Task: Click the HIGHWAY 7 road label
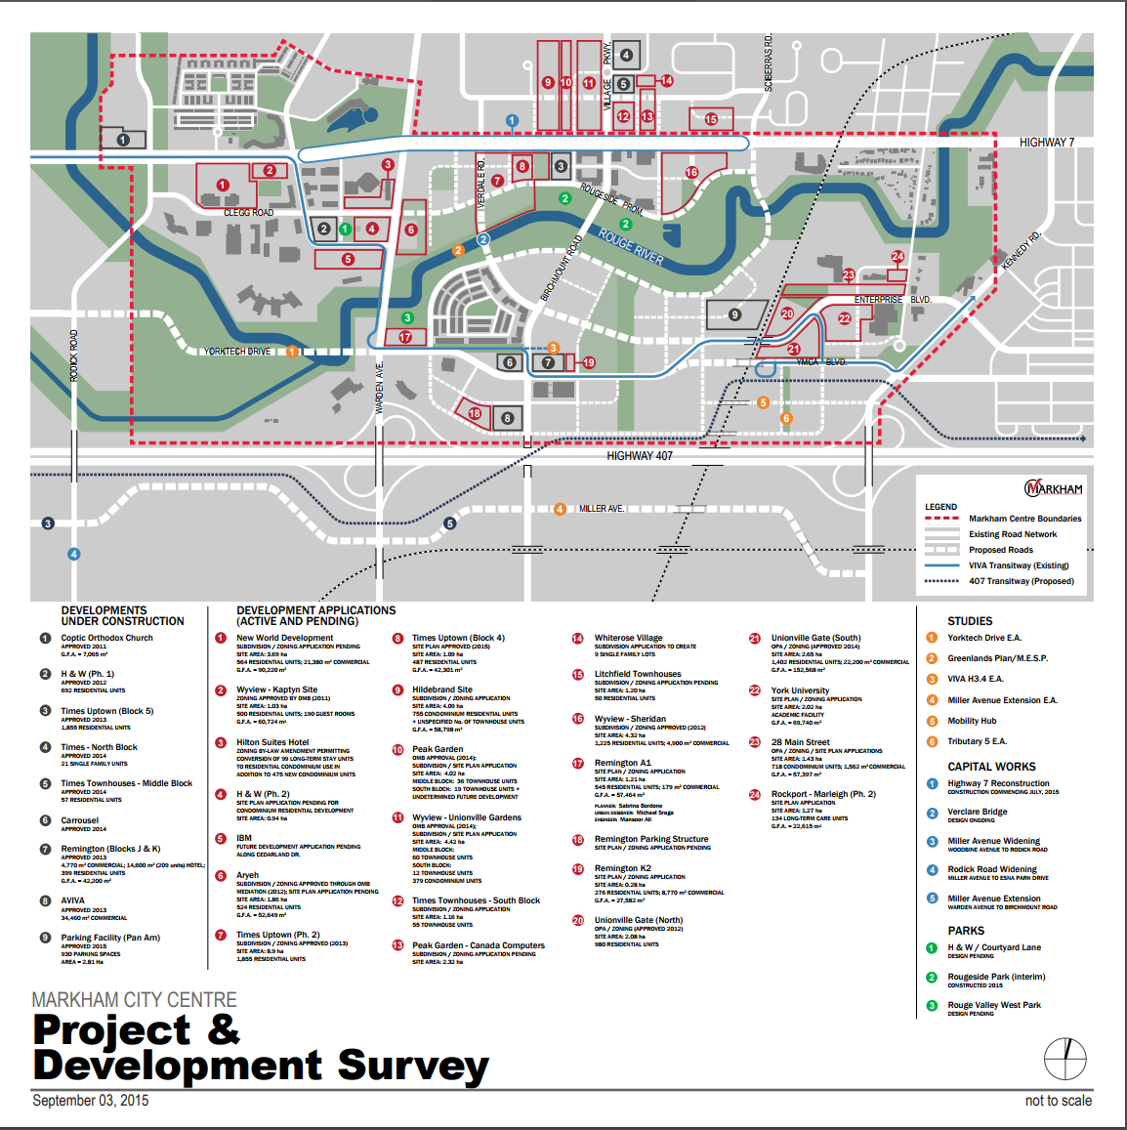pyautogui.click(x=1046, y=143)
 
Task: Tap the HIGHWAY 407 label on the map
pyautogui.click(x=640, y=456)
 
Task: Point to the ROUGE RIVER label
pyautogui.click(x=631, y=247)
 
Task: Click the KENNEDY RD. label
pyautogui.click(x=1022, y=250)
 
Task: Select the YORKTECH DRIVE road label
pyautogui.click(x=237, y=352)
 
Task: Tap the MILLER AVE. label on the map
pyautogui.click(x=601, y=509)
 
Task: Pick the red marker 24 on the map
pyautogui.click(x=897, y=257)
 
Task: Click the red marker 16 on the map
pyautogui.click(x=691, y=173)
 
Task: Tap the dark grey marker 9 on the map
pyautogui.click(x=734, y=314)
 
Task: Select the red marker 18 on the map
pyautogui.click(x=475, y=413)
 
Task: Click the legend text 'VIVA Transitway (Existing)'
pyautogui.click(x=1019, y=565)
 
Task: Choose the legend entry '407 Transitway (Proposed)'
pyautogui.click(x=1021, y=581)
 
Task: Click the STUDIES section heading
pyautogui.click(x=970, y=621)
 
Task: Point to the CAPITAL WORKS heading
pyautogui.click(x=991, y=767)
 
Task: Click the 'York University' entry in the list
pyautogui.click(x=800, y=691)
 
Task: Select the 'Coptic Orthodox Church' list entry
pyautogui.click(x=107, y=638)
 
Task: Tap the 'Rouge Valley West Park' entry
pyautogui.click(x=994, y=1005)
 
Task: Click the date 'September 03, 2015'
pyautogui.click(x=91, y=1101)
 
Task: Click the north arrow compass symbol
pyautogui.click(x=1064, y=1057)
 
